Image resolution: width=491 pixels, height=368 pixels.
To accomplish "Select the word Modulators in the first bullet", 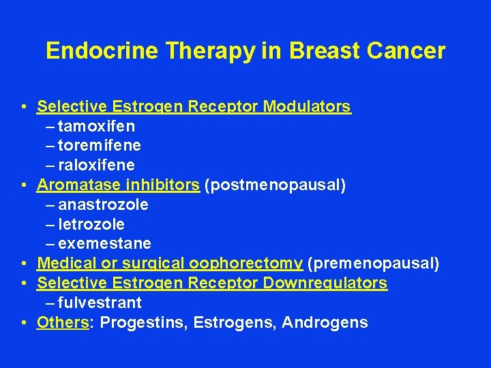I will (307, 106).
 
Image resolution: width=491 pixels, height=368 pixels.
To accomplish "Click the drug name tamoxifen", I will (97, 126).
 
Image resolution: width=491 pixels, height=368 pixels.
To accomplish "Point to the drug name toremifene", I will (100, 146).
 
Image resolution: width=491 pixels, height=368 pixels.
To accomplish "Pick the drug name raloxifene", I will (96, 166).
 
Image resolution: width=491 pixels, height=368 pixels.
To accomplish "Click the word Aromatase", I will (74, 185).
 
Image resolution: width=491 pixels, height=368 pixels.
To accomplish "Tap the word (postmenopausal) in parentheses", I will (275, 185).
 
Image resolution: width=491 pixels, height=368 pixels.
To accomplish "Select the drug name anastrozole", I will (104, 204).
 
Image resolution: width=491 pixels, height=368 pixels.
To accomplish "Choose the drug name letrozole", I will (91, 224).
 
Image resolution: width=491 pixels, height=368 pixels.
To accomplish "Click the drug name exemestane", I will (105, 243).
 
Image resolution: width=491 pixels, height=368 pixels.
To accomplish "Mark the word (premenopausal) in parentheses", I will (374, 263).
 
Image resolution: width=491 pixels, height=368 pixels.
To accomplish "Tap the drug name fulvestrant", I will (100, 302).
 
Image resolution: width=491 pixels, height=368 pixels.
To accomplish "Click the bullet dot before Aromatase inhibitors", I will (24, 185).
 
